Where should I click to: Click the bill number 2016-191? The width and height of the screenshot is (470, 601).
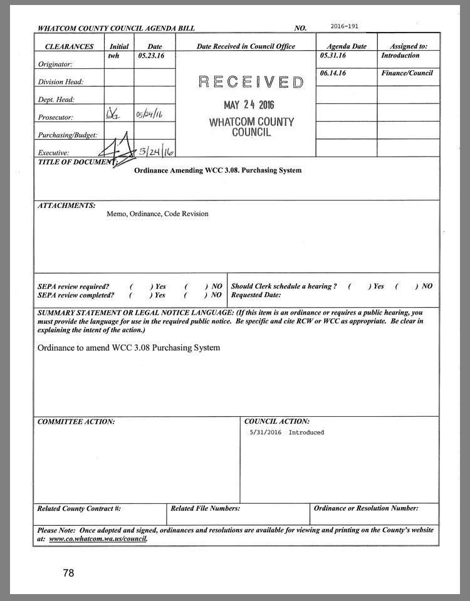pyautogui.click(x=345, y=26)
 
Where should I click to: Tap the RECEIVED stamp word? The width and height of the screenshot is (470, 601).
pyautogui.click(x=251, y=82)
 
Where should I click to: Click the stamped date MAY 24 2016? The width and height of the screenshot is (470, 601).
pyautogui.click(x=249, y=105)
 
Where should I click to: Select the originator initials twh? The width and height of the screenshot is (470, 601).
pyautogui.click(x=113, y=56)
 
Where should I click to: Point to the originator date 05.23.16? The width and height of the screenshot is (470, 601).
pyautogui.click(x=150, y=56)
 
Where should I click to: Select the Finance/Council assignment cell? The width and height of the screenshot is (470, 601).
pyautogui.click(x=407, y=73)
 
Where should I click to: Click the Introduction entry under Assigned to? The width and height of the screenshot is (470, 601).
pyautogui.click(x=400, y=56)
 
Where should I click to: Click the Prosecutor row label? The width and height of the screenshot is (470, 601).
pyautogui.click(x=56, y=117)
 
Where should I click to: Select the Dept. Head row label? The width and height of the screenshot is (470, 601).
pyautogui.click(x=56, y=100)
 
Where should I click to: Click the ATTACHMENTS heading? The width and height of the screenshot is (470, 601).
pyautogui.click(x=66, y=206)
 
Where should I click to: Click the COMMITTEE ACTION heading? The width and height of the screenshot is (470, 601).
pyautogui.click(x=76, y=422)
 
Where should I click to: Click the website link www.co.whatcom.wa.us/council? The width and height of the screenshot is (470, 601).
pyautogui.click(x=98, y=538)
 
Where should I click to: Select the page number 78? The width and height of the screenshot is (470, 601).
pyautogui.click(x=68, y=573)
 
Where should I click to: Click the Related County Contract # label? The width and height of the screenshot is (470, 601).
pyautogui.click(x=79, y=509)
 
